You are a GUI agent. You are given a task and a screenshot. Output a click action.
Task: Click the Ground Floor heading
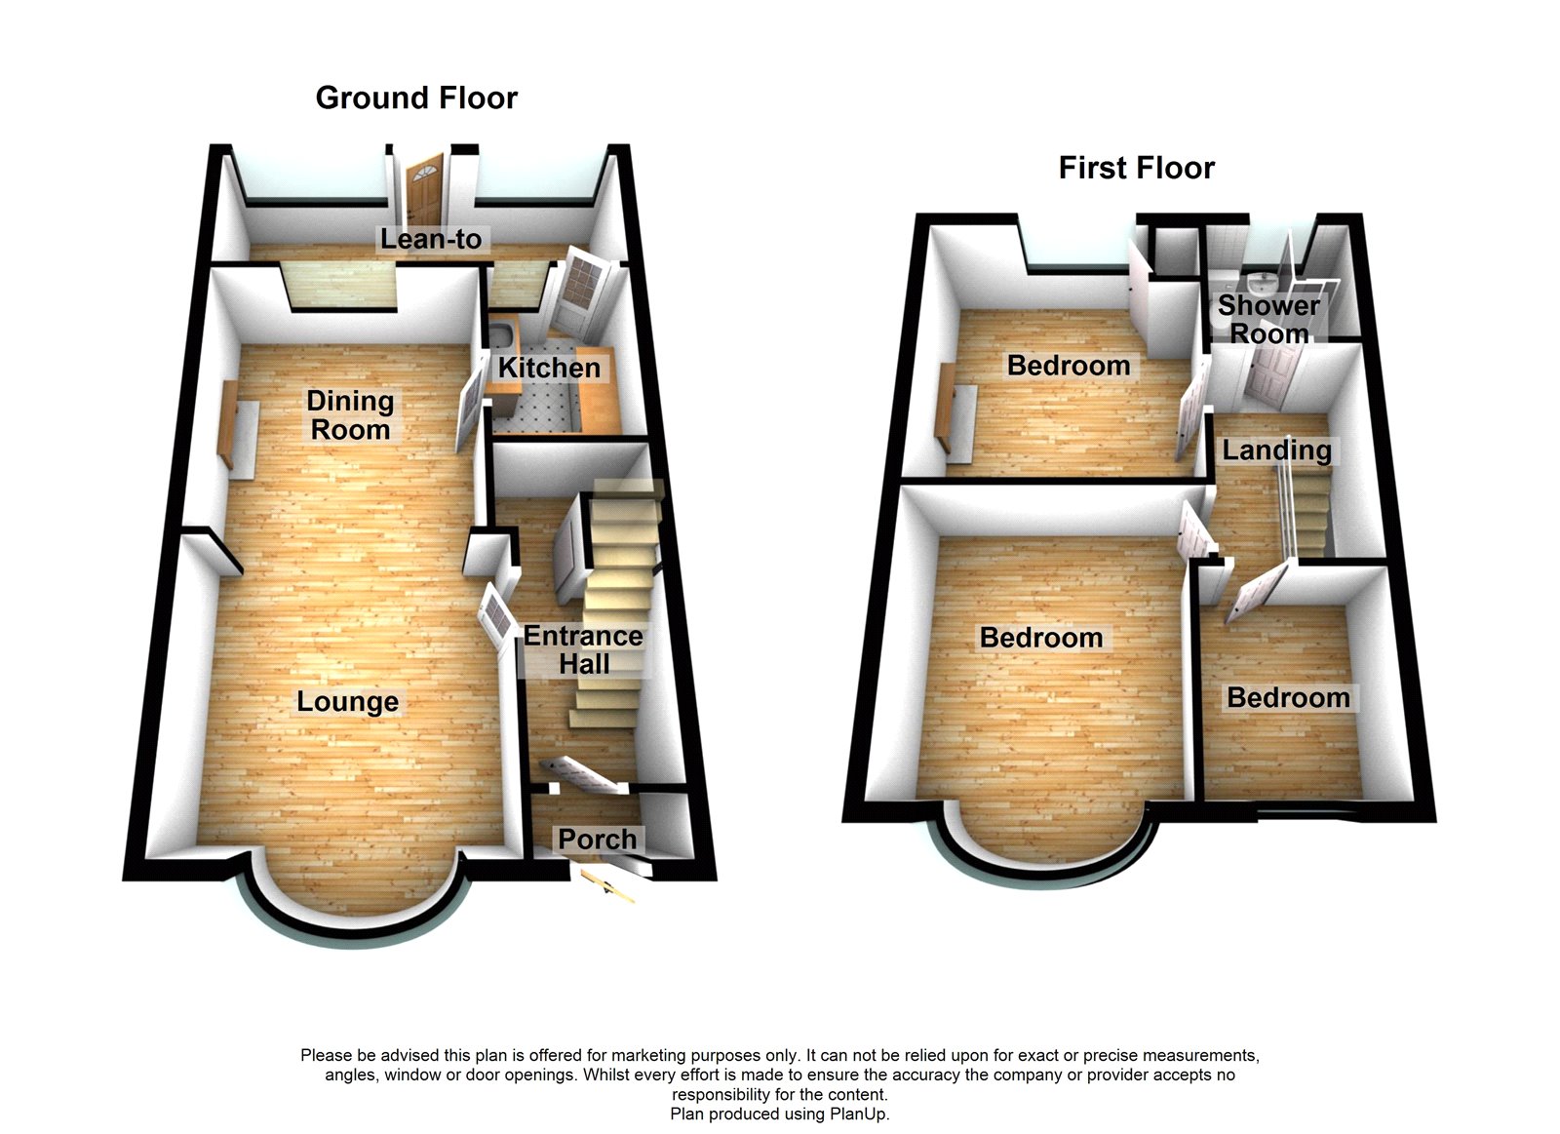pyautogui.click(x=416, y=98)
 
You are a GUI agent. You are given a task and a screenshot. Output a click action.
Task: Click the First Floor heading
pyautogui.click(x=1136, y=168)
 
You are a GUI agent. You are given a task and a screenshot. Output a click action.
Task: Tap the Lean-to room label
pyautogui.click(x=431, y=239)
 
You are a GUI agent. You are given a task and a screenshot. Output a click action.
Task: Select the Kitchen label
pyautogui.click(x=549, y=368)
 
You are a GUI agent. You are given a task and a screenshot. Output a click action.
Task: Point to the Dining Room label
pyautogui.click(x=350, y=415)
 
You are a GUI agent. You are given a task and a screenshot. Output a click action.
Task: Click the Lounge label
pyautogui.click(x=347, y=702)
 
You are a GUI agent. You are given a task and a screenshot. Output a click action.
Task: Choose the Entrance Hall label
pyautogui.click(x=583, y=650)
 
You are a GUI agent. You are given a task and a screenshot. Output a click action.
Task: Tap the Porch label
pyautogui.click(x=597, y=839)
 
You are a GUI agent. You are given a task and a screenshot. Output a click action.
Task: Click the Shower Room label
pyautogui.click(x=1268, y=319)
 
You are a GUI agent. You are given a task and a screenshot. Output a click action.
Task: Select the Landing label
pyautogui.click(x=1276, y=450)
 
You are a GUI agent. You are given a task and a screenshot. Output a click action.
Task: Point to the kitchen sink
pyautogui.click(x=503, y=339)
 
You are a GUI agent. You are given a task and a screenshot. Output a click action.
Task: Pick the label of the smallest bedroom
pyautogui.click(x=1288, y=698)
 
